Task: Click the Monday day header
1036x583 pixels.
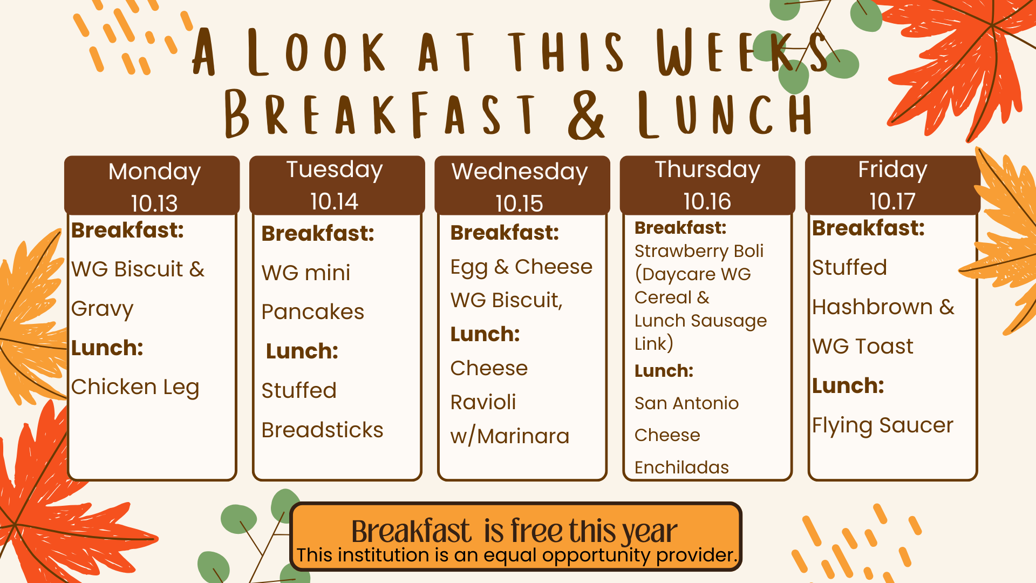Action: coord(154,172)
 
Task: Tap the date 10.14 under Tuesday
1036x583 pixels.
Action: coord(334,202)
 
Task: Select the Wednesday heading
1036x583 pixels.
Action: coord(520,172)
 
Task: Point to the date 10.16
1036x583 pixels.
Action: coord(707,202)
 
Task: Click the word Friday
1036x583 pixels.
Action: coord(892,170)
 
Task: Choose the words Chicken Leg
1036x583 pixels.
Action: coord(135,388)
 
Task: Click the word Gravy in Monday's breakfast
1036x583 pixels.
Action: coord(102,309)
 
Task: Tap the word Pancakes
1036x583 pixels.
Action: coord(312,312)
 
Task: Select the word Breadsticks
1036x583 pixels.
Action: coord(322,430)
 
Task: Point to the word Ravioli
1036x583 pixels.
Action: coord(483,402)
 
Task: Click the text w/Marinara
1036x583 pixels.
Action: coord(509,436)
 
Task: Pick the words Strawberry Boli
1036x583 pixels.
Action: coord(699,252)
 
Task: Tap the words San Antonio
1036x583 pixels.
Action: coord(686,403)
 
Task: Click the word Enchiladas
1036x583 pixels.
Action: coord(681,467)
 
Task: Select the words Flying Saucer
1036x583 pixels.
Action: coord(883,426)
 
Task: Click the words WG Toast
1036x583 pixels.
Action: coord(863,347)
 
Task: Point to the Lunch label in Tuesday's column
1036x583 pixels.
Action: coord(302,351)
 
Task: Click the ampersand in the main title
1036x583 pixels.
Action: coord(587,115)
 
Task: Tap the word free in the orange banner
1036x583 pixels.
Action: coord(536,531)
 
